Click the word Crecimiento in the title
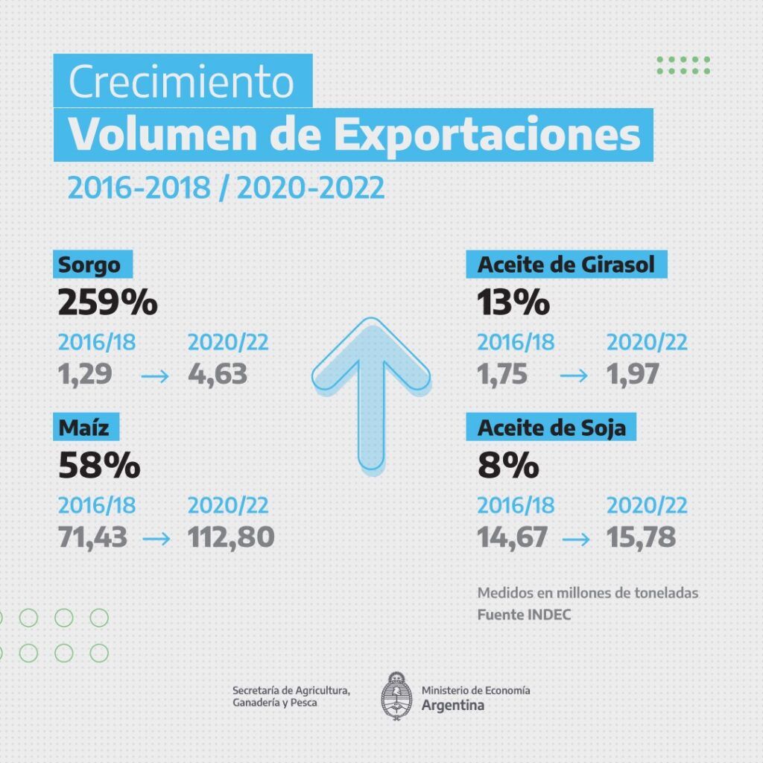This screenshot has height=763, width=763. pos(182,82)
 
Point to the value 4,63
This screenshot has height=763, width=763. pos(218,374)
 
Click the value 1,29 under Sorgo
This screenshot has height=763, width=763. pos(85,374)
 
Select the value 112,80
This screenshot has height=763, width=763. pos(231,536)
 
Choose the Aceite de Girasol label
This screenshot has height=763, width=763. pos(567,265)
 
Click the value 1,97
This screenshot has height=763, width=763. pos(633,374)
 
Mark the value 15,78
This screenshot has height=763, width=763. pos(641,536)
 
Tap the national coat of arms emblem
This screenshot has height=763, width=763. pos(396,696)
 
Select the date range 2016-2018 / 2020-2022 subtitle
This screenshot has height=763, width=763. pos(227,188)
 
